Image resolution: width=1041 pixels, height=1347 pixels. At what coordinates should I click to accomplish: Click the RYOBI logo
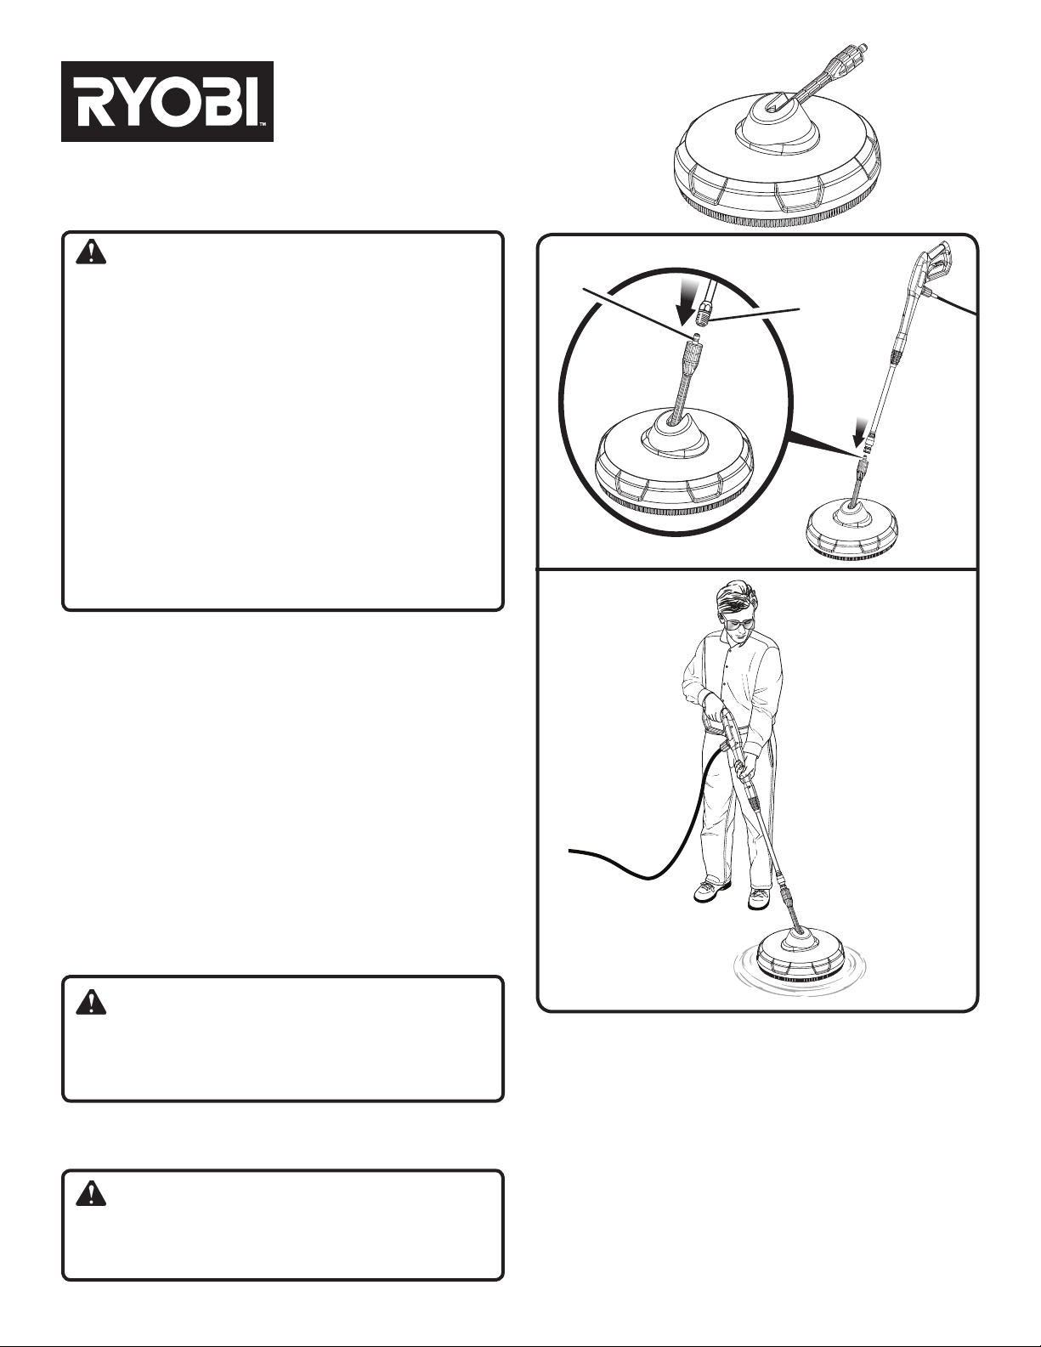[x=167, y=102]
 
